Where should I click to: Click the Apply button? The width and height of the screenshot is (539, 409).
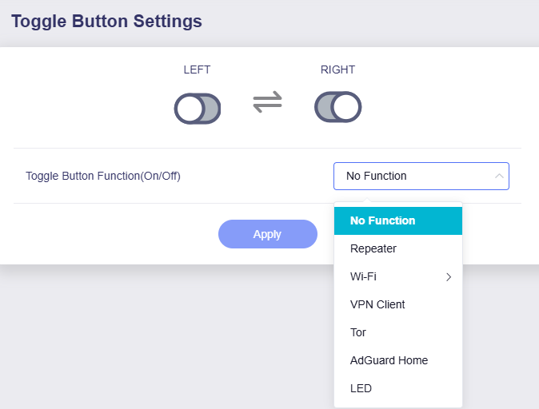[267, 234]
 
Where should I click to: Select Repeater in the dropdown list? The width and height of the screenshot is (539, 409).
[373, 248]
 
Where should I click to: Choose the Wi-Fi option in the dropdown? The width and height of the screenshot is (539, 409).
[363, 276]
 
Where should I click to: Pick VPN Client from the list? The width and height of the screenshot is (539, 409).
[377, 304]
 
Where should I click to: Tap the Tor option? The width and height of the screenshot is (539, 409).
[358, 332]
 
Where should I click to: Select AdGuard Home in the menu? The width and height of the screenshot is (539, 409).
[389, 360]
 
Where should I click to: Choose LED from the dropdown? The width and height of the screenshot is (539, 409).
[361, 388]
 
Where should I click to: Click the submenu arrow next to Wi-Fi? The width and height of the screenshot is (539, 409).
[449, 277]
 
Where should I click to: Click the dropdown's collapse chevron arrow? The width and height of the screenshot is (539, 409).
[499, 176]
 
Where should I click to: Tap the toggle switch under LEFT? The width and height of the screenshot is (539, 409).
[197, 109]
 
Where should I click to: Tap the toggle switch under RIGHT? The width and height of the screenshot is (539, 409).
[338, 107]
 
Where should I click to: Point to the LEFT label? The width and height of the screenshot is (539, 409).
[197, 69]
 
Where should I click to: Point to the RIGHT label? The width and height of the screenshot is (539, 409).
[337, 69]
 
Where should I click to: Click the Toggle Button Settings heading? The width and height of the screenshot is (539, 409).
[106, 21]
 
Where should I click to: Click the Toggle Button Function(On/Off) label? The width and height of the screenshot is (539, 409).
[103, 176]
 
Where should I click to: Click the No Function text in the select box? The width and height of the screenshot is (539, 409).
[376, 176]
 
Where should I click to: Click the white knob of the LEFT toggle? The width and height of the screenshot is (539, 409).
[189, 109]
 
